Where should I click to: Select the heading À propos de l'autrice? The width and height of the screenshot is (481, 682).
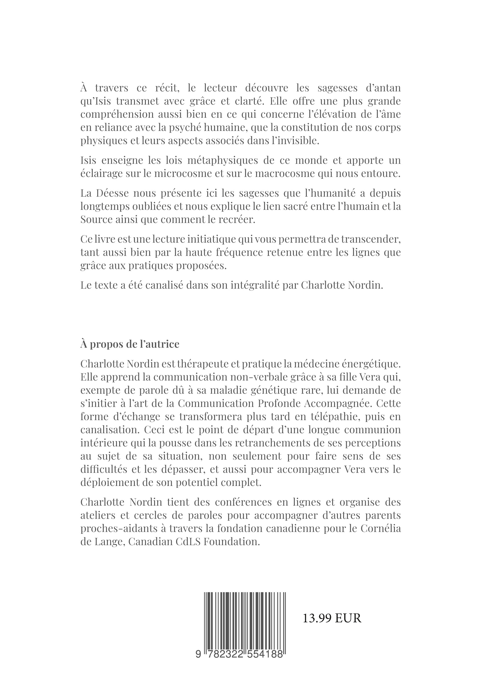coord(130,344)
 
